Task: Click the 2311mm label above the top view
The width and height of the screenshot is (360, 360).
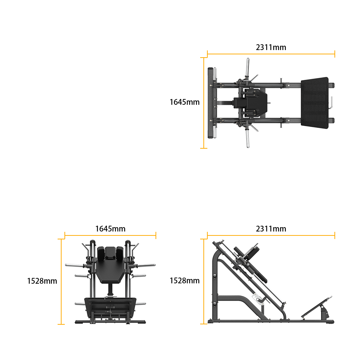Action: coord(271,47)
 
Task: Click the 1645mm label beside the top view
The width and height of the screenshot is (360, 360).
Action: coord(185,102)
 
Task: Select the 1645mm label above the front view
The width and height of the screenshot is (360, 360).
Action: coord(110,229)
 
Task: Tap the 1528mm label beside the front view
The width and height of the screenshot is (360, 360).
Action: coord(42,281)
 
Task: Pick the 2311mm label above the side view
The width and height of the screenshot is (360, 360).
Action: coord(271,229)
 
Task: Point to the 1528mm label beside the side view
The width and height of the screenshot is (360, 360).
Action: coord(185,280)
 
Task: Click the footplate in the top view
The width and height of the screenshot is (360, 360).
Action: coord(315,103)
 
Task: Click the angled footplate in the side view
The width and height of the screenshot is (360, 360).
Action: coord(317,307)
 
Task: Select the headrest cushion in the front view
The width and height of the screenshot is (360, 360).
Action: coord(110,253)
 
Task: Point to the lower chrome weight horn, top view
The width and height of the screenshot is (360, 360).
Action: coord(248,139)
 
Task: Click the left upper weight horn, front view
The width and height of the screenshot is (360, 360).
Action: coord(75,265)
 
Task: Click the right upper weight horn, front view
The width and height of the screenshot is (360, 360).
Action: coord(146,266)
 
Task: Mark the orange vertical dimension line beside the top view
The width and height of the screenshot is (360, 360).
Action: coord(204,103)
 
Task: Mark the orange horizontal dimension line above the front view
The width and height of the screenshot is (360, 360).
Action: coord(110,235)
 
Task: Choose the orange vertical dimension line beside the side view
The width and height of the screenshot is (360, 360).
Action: coord(204,282)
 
